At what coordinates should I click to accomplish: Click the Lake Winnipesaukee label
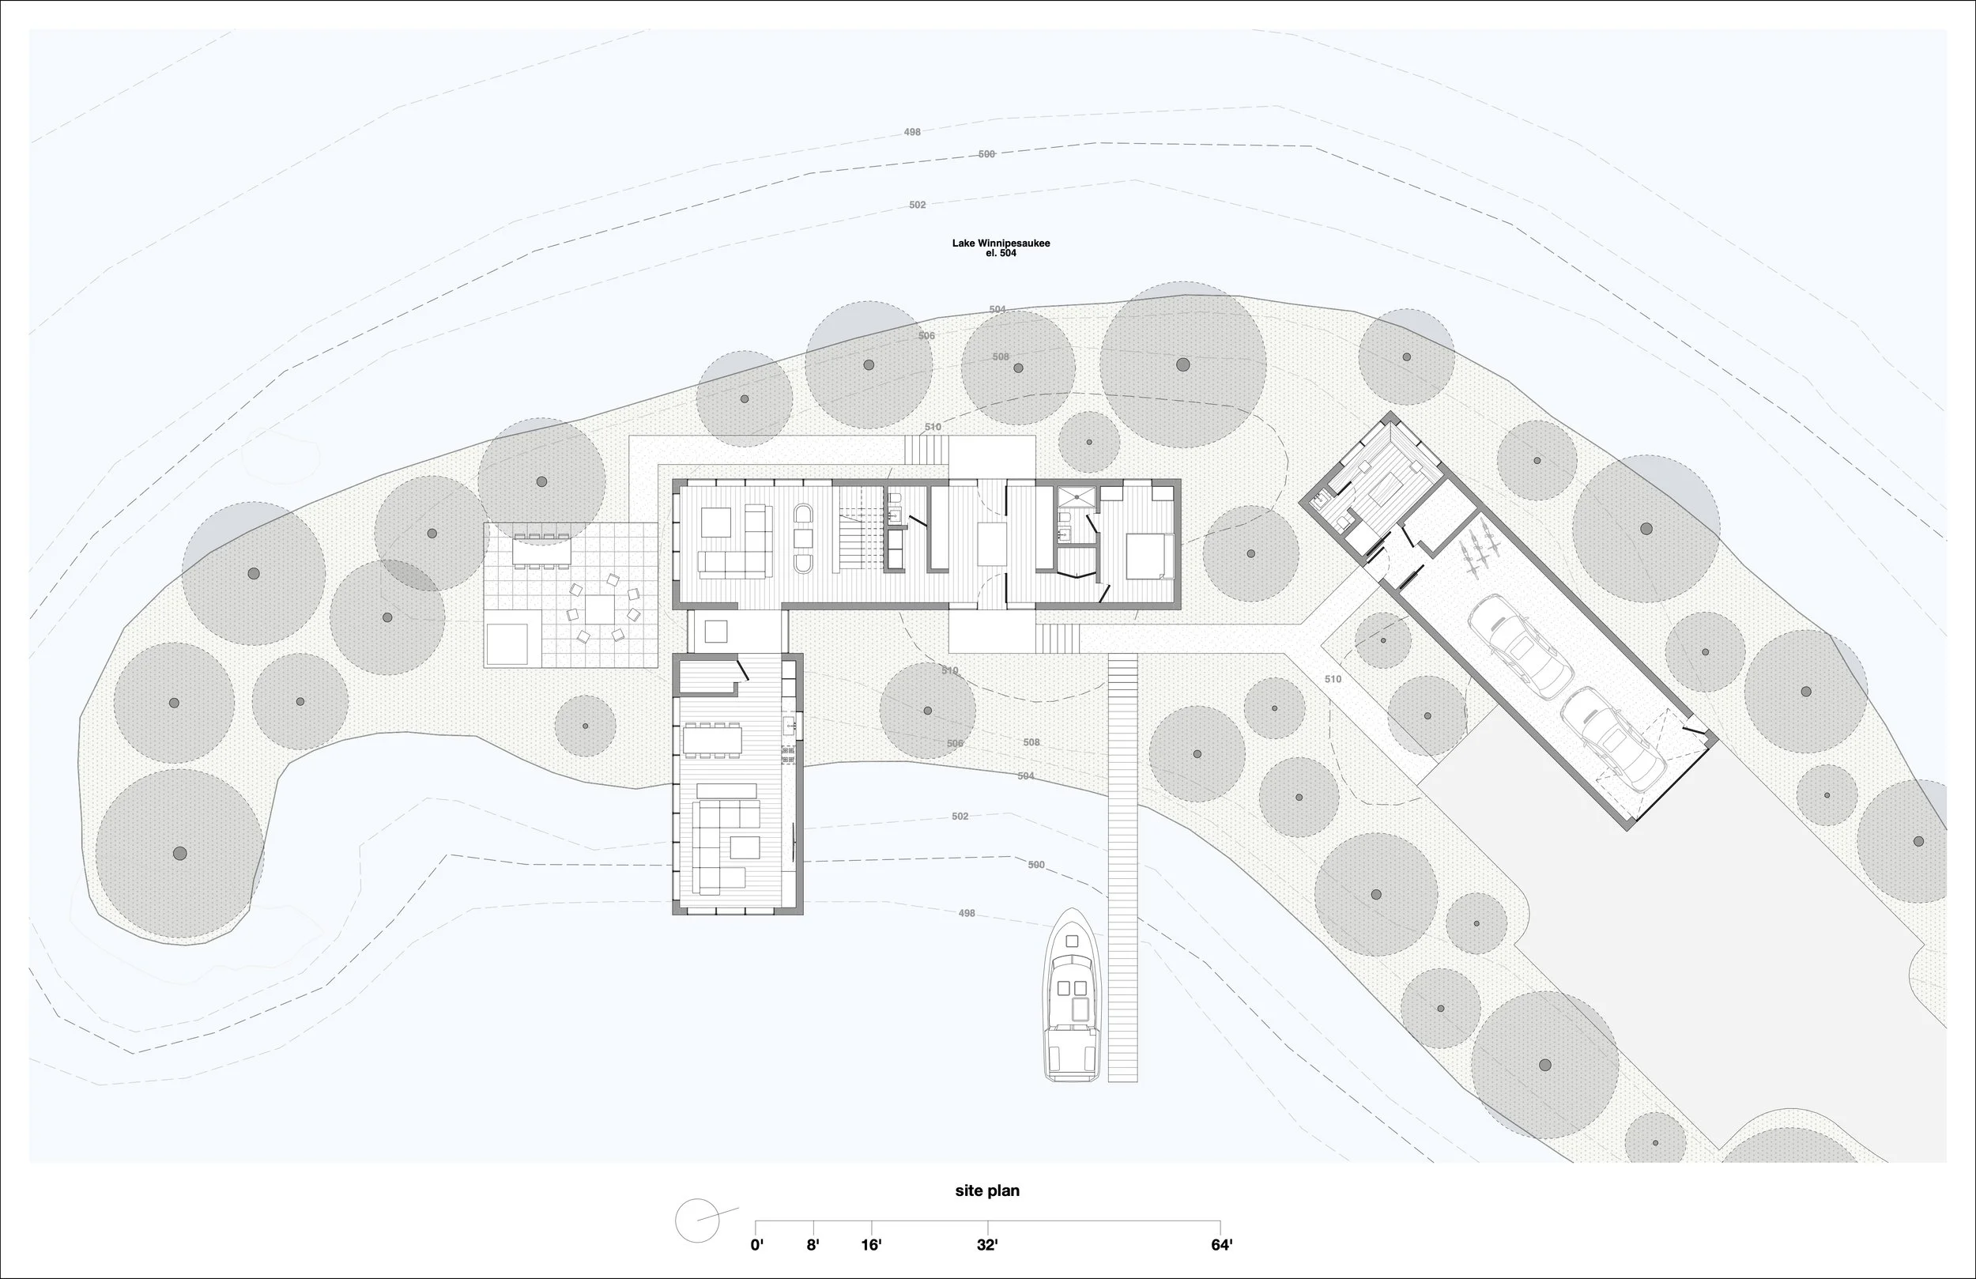1001,243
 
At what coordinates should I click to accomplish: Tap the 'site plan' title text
986,1190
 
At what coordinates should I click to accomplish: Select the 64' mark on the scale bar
1220,1245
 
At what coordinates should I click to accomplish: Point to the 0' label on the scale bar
756,1245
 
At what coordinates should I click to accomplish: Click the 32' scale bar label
987,1245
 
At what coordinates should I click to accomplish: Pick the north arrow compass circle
696,1221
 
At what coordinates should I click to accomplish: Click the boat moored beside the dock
1073,997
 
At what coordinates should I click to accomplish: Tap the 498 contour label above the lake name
911,132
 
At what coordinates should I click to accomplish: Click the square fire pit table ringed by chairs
601,609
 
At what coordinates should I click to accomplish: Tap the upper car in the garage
1519,645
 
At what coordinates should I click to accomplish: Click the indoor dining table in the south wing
711,738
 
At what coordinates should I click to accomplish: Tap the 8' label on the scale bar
813,1245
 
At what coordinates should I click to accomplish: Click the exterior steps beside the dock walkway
1057,638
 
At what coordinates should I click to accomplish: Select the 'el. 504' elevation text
1001,253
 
